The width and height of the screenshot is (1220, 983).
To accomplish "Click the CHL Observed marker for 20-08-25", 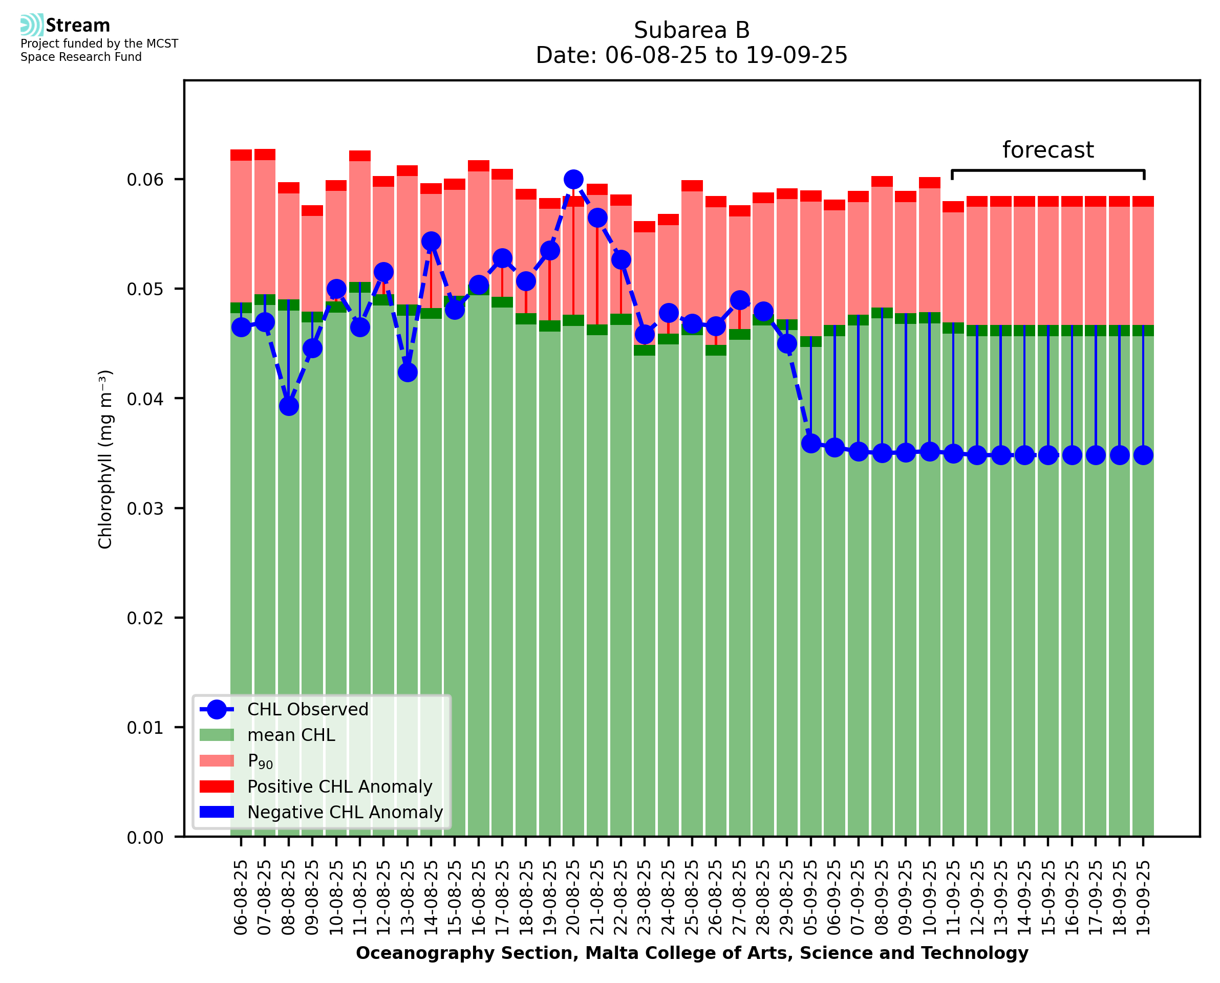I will click(x=573, y=180).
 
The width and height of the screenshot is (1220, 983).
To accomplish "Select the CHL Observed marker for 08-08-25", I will click(x=289, y=406).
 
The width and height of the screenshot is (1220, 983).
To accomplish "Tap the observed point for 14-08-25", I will click(x=431, y=241).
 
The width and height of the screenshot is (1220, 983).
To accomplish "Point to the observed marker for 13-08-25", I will click(x=407, y=372).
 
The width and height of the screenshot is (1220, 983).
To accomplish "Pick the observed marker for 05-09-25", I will click(x=810, y=443).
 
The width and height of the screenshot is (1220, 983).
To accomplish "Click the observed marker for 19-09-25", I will click(x=1143, y=455).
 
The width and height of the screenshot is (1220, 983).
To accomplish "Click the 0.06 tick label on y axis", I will click(x=145, y=180).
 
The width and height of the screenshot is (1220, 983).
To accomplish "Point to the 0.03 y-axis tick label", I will click(x=145, y=509).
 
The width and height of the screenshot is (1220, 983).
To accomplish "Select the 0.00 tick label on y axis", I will click(x=145, y=838).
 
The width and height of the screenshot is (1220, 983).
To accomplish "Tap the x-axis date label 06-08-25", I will click(x=241, y=898).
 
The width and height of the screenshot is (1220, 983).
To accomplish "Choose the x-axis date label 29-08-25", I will click(x=787, y=898).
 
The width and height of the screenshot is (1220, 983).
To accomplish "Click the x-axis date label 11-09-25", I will click(x=953, y=898).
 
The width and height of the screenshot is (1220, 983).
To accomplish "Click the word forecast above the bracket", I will click(x=1048, y=150).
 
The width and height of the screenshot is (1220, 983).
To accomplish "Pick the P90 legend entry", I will click(x=260, y=761).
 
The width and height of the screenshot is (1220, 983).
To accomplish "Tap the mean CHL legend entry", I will click(x=291, y=735).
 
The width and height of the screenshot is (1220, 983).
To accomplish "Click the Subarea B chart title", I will click(x=692, y=30).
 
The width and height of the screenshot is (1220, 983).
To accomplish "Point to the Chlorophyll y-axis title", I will click(x=105, y=458).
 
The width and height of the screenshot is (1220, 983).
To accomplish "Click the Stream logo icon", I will click(x=32, y=25).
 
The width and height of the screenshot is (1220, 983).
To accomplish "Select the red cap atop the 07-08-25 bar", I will click(x=265, y=155).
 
